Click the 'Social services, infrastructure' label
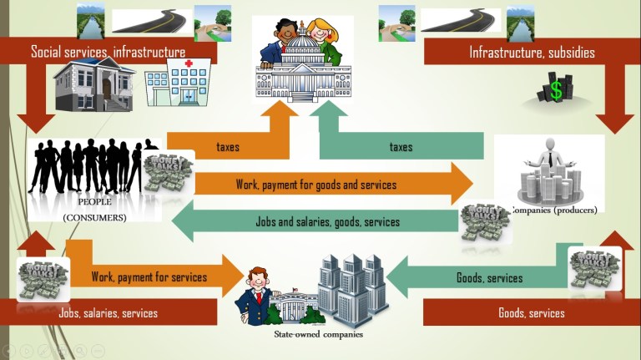pyautogui.click(x=108, y=52)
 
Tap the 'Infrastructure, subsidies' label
pyautogui.click(x=532, y=52)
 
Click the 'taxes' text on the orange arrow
pyautogui.click(x=228, y=147)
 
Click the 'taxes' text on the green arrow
pyautogui.click(x=401, y=147)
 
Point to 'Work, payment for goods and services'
pyautogui.click(x=315, y=184)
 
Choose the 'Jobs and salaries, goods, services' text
pyautogui.click(x=327, y=222)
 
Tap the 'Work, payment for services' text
pyautogui.click(x=149, y=276)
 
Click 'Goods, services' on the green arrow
pyautogui.click(x=489, y=277)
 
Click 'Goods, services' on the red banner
pyautogui.click(x=531, y=313)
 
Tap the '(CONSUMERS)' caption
pyautogui.click(x=94, y=217)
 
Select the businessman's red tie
pyautogui.click(x=260, y=297)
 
